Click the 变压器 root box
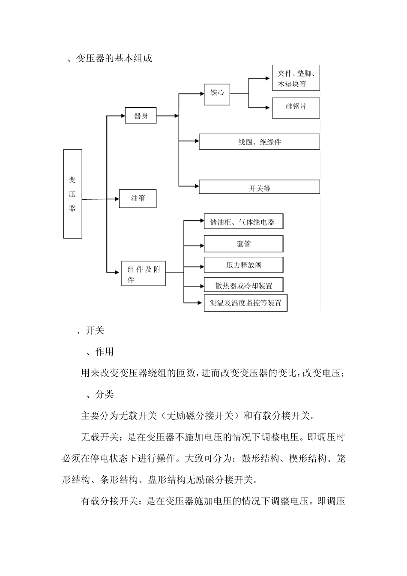coord(72,194)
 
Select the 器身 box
coord(141,116)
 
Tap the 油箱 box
coord(138,199)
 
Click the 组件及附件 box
coord(144,273)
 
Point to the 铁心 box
coord(217,93)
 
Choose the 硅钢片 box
coord(296,108)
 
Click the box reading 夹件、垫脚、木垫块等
coord(296,78)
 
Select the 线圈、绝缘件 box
coord(259,142)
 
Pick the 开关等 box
coord(259,187)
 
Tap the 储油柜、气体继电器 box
coord(243,222)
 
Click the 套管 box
coord(243,244)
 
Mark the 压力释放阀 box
coord(243,265)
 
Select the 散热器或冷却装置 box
coord(243,285)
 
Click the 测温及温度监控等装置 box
coord(245,303)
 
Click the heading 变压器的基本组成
coord(114,58)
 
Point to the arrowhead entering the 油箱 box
coord(116,199)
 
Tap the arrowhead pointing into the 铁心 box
coord(201,93)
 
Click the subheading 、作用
coord(100,352)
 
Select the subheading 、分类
coord(100,394)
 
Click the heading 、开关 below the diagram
coord(90,331)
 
